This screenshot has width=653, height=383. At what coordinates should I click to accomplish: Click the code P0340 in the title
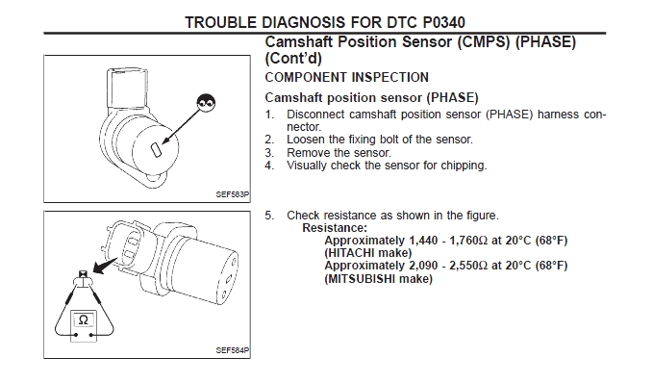coord(444,22)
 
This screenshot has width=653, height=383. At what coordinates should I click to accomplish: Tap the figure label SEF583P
coord(233,194)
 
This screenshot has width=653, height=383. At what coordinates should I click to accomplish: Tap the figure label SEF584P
coord(233,350)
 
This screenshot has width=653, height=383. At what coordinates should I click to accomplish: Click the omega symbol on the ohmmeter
coord(84,320)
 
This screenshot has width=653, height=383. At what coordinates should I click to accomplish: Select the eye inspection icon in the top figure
coord(206,102)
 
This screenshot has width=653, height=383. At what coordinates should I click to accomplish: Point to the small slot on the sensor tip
coord(156,150)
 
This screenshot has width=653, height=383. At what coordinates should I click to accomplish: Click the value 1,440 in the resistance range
coord(423,241)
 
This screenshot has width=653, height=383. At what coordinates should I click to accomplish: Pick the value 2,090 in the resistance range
coord(423,266)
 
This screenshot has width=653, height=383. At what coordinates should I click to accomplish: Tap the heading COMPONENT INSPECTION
coord(346,78)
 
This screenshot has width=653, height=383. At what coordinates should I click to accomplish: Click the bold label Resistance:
coord(335,228)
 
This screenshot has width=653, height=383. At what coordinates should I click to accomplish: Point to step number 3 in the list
coord(269,153)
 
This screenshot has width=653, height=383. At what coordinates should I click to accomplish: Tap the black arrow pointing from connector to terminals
coord(105,266)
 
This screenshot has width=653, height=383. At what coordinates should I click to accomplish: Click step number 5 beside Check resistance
coord(269,216)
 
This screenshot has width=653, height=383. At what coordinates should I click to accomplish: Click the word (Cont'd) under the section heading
coord(293,59)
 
